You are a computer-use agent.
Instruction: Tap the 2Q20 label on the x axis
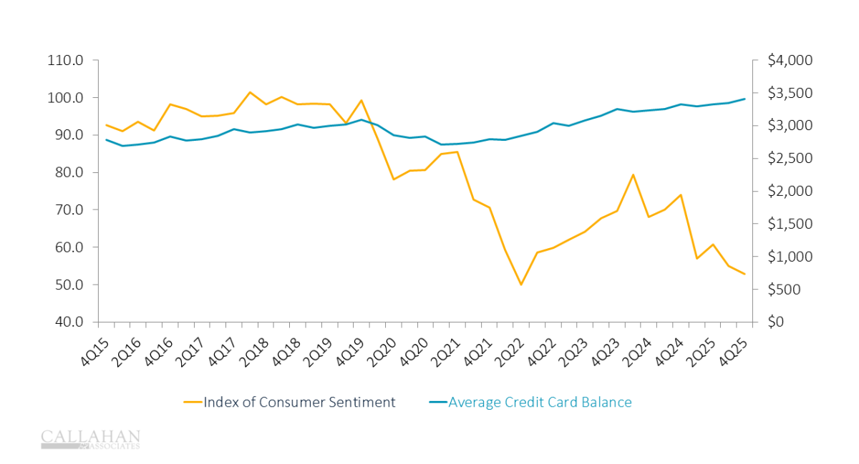point(378,346)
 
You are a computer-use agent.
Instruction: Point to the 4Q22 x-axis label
point(539,346)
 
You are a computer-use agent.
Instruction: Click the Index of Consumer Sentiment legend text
point(299,403)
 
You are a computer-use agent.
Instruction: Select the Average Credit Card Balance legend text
point(540,403)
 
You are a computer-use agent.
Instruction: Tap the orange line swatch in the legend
point(193,403)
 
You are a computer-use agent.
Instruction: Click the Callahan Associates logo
point(90,439)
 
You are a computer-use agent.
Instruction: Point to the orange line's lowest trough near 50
point(521,285)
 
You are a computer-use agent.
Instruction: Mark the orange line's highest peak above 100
point(250,92)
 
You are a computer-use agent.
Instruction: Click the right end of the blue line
point(744,99)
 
